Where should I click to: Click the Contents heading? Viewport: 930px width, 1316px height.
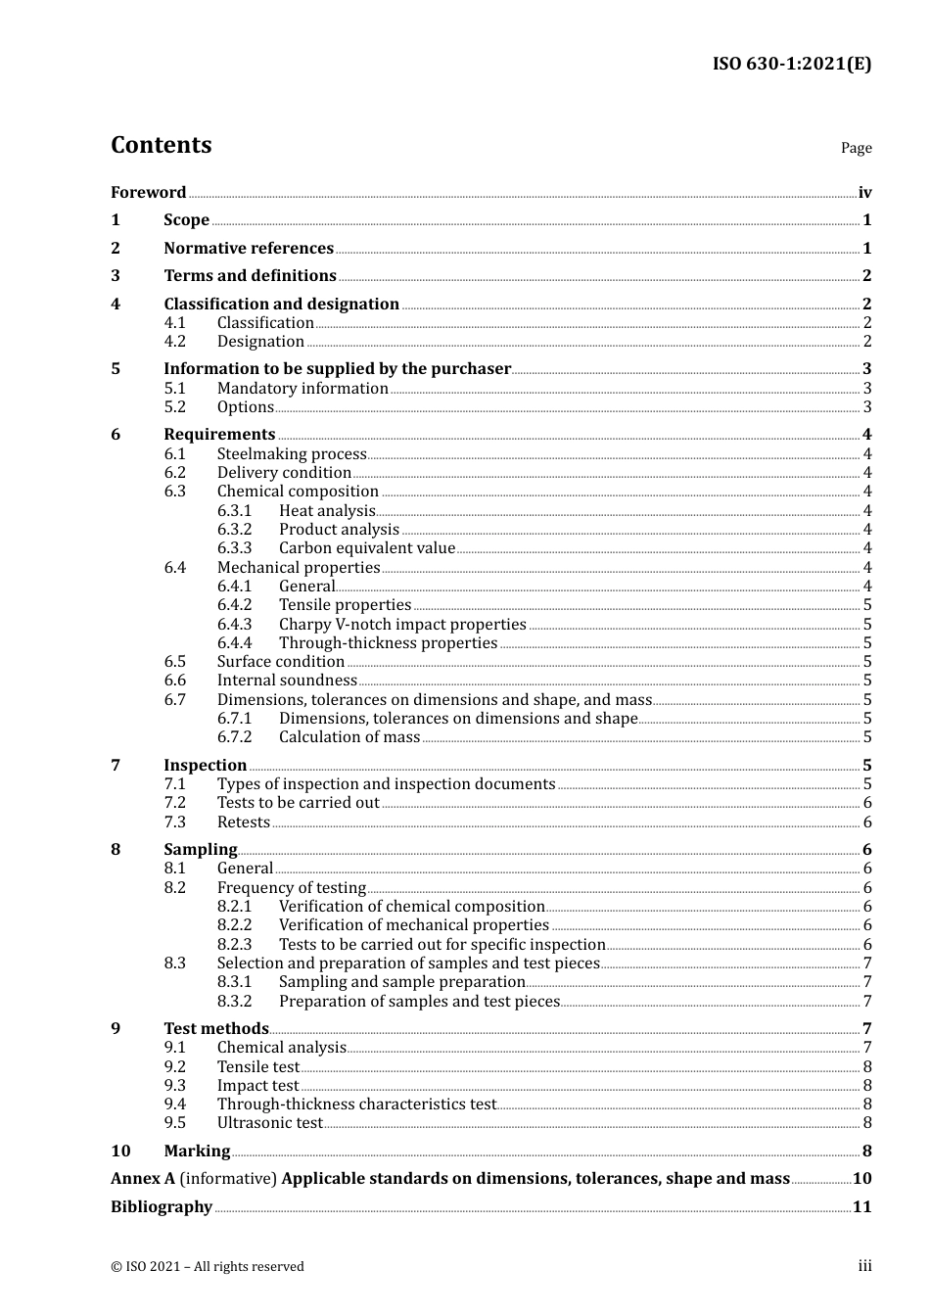pos(161,145)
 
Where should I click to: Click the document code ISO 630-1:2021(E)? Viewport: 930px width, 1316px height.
pos(791,65)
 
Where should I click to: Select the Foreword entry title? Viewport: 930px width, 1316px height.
pos(148,193)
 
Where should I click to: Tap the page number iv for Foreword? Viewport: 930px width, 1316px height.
pos(864,193)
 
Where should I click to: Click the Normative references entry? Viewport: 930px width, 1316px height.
pos(249,249)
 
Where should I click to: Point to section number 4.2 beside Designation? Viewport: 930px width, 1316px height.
pos(174,342)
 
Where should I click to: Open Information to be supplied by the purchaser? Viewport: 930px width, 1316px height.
pos(337,369)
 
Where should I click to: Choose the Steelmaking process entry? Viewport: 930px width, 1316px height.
pos(292,454)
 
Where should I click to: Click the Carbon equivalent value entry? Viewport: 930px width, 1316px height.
pos(367,548)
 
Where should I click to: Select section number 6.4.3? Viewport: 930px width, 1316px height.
pos(234,625)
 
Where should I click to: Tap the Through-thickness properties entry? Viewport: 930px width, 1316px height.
pos(388,643)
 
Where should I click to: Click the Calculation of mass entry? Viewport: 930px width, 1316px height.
pos(349,737)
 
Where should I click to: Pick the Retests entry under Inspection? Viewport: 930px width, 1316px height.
pos(243,822)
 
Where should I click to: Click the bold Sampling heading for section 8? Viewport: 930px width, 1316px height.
pos(200,850)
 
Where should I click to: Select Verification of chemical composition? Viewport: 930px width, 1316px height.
pos(411,907)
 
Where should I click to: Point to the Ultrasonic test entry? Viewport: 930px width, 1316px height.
pos(269,1123)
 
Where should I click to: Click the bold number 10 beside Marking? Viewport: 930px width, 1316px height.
pos(120,1151)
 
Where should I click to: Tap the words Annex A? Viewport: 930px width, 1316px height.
pos(143,1179)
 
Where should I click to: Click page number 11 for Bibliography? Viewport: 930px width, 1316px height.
pos(861,1207)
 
